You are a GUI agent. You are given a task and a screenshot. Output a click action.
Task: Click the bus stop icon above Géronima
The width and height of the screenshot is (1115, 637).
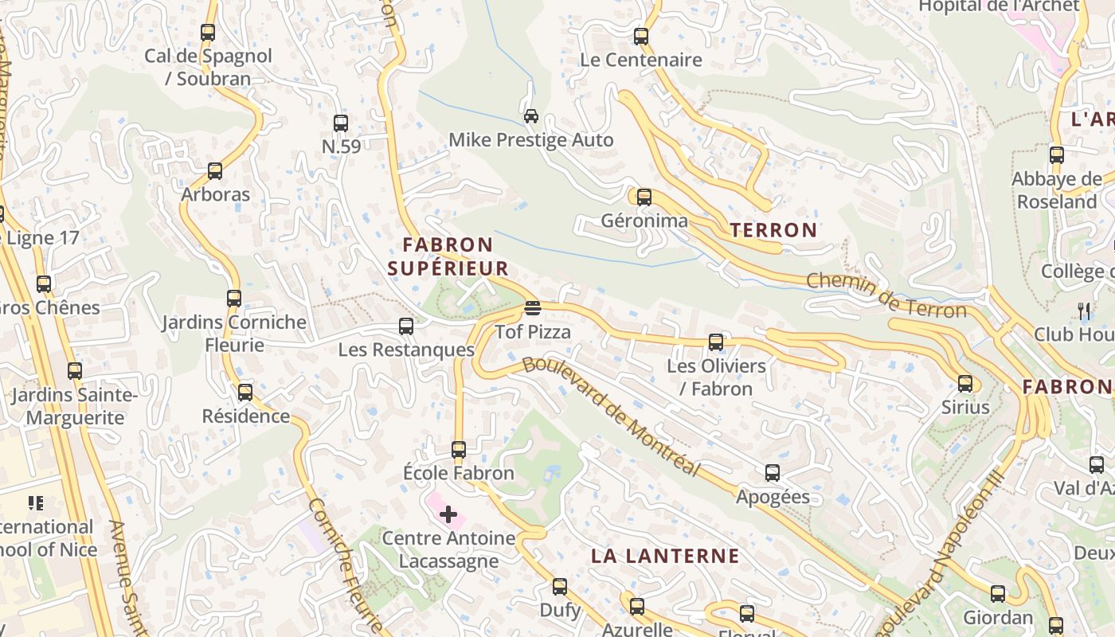click(x=644, y=197)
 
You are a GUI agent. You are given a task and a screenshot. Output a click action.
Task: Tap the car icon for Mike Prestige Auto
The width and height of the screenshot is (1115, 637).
click(x=531, y=116)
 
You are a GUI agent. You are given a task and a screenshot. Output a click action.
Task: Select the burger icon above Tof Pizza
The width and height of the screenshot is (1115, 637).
click(x=533, y=308)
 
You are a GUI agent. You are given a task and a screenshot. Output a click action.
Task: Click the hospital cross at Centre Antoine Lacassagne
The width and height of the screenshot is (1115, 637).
click(x=448, y=514)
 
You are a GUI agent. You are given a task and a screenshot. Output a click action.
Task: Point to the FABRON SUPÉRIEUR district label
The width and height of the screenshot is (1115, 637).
click(x=448, y=256)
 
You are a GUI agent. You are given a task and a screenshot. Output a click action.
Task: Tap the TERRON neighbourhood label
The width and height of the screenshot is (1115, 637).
click(x=773, y=231)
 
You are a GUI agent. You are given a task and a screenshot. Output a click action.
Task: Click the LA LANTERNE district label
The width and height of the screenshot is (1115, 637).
click(x=665, y=556)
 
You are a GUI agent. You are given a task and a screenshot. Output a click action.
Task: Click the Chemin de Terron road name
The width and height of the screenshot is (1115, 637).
click(x=886, y=295)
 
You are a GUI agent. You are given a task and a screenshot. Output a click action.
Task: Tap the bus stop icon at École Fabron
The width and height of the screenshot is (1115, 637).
click(x=459, y=450)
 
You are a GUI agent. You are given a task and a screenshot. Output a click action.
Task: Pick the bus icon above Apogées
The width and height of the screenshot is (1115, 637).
click(x=773, y=473)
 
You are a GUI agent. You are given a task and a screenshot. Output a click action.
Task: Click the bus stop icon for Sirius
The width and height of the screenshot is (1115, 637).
click(x=965, y=384)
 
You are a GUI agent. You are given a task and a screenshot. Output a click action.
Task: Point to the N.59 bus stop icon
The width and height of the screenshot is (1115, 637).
click(x=341, y=123)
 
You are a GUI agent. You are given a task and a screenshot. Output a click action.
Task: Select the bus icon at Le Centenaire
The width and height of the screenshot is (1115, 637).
click(x=641, y=37)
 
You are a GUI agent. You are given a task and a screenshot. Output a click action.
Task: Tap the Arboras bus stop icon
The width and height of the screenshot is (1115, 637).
click(x=215, y=171)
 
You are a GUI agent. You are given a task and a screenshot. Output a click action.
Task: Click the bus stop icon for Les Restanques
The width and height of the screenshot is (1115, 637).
click(x=406, y=326)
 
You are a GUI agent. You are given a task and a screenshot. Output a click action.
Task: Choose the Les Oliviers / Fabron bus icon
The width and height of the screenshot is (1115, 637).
click(x=716, y=342)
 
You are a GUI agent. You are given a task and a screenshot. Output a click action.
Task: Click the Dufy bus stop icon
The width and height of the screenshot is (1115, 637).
click(x=560, y=587)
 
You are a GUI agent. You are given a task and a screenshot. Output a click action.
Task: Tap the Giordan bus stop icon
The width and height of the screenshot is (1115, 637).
click(x=998, y=594)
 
